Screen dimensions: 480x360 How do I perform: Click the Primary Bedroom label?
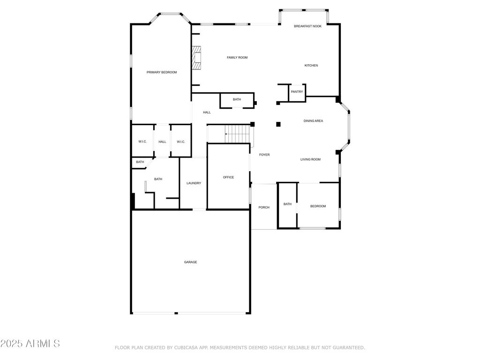pyautogui.click(x=162, y=72)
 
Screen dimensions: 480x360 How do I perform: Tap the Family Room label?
pyautogui.click(x=237, y=58)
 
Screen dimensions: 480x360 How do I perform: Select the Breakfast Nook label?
pyautogui.click(x=307, y=26)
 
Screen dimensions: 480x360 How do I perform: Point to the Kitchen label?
pyautogui.click(x=311, y=66)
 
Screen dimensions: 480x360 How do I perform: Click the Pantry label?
pyautogui.click(x=297, y=92)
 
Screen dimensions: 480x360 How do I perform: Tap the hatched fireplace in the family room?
pyautogui.click(x=196, y=57)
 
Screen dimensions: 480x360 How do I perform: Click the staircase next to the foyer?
pyautogui.click(x=238, y=134)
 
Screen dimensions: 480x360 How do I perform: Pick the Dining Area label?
pyautogui.click(x=313, y=121)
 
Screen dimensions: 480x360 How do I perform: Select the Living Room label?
pyautogui.click(x=310, y=159)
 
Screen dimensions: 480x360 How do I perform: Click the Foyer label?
pyautogui.click(x=264, y=155)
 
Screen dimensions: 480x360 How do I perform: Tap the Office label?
pyautogui.click(x=228, y=177)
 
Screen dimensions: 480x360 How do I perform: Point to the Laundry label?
pyautogui.click(x=194, y=183)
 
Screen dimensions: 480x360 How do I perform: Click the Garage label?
pyautogui.click(x=190, y=262)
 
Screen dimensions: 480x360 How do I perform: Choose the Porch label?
pyautogui.click(x=264, y=208)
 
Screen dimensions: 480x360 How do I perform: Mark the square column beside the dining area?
pyautogui.click(x=278, y=124)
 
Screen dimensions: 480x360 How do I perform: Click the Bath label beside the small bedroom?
pyautogui.click(x=287, y=204)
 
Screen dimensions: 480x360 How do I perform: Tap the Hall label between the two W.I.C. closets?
pyautogui.click(x=162, y=142)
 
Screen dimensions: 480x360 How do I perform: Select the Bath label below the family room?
pyautogui.click(x=237, y=99)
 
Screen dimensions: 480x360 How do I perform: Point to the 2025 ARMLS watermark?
pyautogui.click(x=30, y=344)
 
